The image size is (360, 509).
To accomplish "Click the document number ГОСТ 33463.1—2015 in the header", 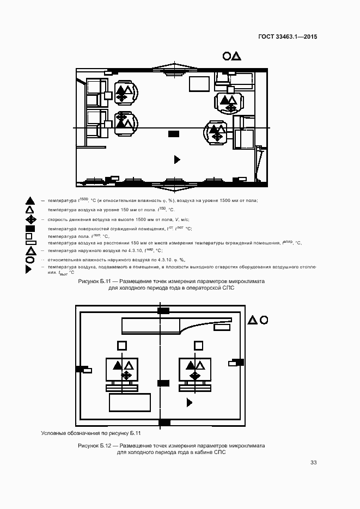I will (x=287, y=37).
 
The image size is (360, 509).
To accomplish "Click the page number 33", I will (x=314, y=462).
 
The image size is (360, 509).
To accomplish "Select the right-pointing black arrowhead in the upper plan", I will (x=176, y=159).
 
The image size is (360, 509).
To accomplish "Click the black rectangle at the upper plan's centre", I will (x=174, y=133).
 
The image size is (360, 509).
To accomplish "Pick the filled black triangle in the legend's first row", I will (x=30, y=201).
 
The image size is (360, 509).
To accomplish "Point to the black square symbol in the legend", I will (x=30, y=229).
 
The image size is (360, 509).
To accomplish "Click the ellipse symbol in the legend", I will (x=30, y=260).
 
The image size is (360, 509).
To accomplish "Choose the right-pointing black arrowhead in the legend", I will (x=30, y=268).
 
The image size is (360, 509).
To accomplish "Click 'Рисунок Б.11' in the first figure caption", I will (x=95, y=281).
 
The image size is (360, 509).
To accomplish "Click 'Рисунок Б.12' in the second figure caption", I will (x=95, y=445).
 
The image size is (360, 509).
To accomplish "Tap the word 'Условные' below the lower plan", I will (x=53, y=433).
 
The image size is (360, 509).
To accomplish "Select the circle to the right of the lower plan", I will (x=263, y=320).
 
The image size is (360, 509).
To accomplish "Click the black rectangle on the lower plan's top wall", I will (x=163, y=310).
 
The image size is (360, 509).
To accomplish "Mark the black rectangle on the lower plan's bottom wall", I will (x=163, y=422).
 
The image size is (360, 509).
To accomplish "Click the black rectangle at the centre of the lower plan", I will (x=163, y=383).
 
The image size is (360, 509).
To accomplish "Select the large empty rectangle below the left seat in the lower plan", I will (x=130, y=402).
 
